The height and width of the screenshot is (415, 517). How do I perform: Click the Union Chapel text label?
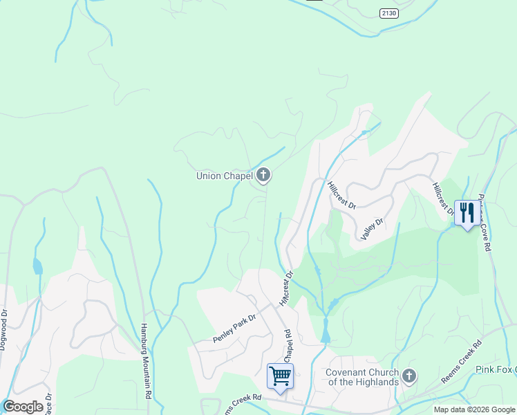(x=224, y=176)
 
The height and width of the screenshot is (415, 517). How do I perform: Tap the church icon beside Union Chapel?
(x=263, y=176)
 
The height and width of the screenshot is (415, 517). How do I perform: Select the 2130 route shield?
(x=389, y=13)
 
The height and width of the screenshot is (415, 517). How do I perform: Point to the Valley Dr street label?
(x=372, y=229)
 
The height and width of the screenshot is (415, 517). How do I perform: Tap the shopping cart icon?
(x=280, y=376)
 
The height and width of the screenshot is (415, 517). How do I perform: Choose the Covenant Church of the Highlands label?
(x=361, y=377)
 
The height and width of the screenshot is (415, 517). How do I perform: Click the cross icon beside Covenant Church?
(x=409, y=376)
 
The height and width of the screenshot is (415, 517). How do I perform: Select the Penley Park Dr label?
(x=234, y=327)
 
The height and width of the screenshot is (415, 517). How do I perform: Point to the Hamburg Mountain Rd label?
(x=146, y=360)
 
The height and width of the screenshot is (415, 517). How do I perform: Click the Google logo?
(x=23, y=407)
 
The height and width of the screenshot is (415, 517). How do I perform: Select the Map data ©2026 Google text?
(x=475, y=409)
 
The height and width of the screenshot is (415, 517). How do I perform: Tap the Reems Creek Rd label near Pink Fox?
(x=461, y=362)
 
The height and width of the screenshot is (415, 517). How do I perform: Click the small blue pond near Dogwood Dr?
(x=37, y=266)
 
